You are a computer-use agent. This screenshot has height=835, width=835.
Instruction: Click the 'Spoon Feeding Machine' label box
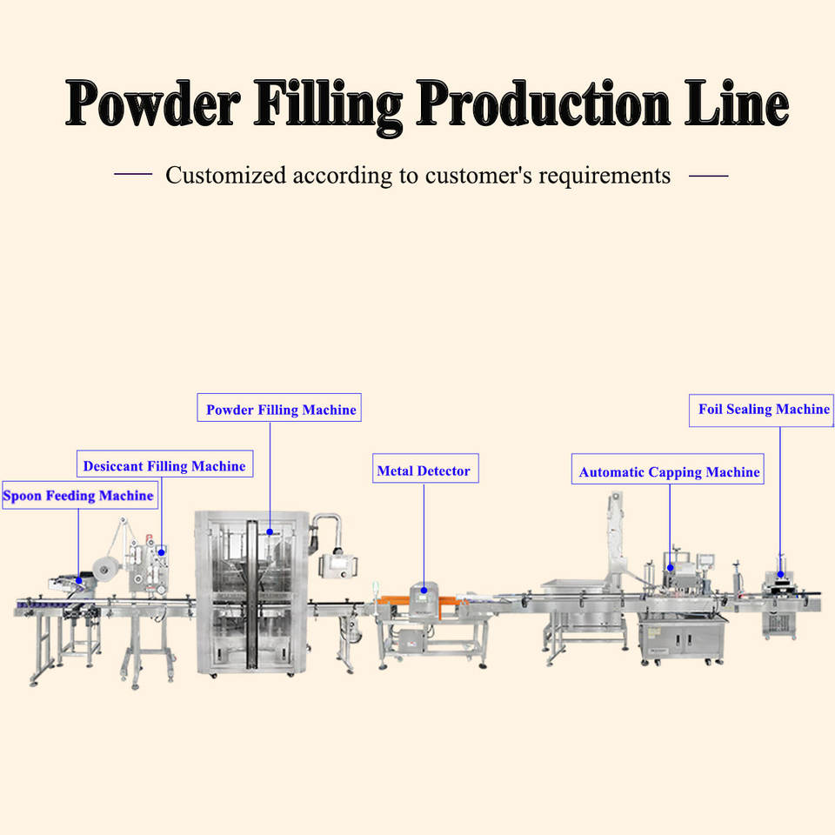[80, 495]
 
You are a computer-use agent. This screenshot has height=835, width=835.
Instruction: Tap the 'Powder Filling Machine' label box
[279, 408]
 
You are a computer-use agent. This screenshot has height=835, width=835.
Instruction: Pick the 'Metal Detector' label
[425, 469]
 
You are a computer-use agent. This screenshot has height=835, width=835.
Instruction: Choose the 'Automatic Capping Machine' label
[668, 469]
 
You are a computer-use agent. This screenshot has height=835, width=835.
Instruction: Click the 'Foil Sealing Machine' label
[762, 411]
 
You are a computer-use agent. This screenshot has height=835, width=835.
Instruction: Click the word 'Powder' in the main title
[153, 104]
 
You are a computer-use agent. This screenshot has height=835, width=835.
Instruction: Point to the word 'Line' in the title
[737, 104]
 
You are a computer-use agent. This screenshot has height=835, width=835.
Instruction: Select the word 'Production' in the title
[543, 104]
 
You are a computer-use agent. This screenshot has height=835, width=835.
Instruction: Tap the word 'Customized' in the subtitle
[226, 175]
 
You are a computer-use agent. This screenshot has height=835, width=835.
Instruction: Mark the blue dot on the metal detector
[424, 590]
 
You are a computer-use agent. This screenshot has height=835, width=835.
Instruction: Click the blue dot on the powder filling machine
[270, 531]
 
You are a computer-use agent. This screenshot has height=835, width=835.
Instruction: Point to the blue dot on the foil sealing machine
[781, 574]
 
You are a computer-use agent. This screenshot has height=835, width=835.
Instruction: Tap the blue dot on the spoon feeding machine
[79, 580]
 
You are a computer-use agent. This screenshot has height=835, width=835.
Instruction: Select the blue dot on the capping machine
[671, 568]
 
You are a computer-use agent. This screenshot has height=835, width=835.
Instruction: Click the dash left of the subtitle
[133, 174]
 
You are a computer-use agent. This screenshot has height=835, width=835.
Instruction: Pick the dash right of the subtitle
[709, 175]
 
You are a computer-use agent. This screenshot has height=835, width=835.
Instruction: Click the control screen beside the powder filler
[338, 565]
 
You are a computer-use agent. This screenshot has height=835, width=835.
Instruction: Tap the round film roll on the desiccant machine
[104, 569]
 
